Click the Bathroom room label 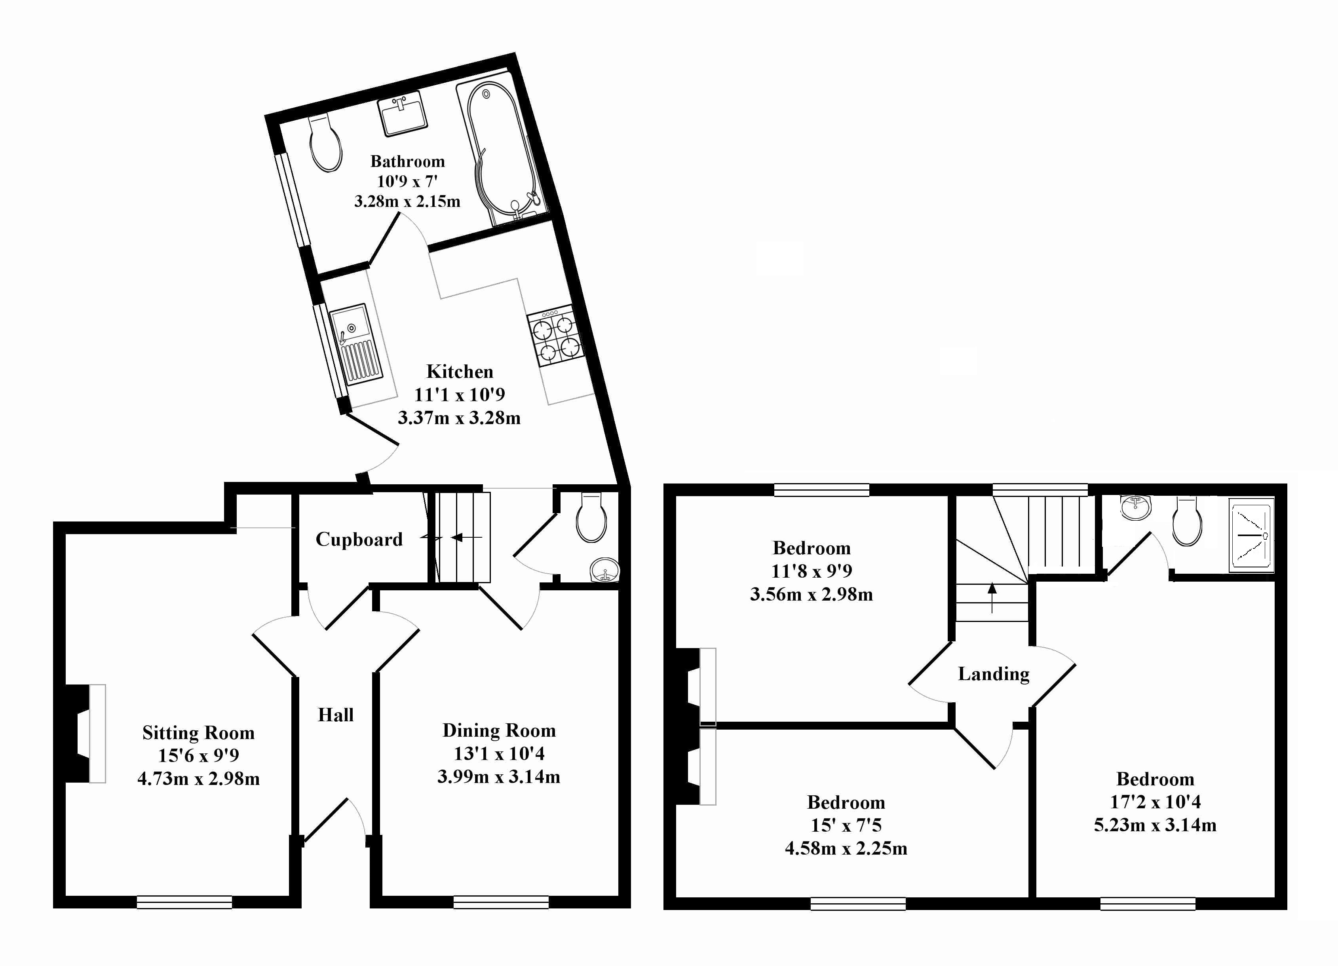click(x=407, y=161)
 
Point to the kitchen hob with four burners click(x=556, y=336)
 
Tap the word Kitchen click(x=460, y=372)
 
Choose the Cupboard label click(x=359, y=540)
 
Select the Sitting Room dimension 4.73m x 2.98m click(x=198, y=779)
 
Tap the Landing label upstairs click(x=994, y=674)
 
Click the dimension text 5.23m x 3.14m click(x=1155, y=825)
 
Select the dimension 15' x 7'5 click(x=846, y=825)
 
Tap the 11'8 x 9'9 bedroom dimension click(x=811, y=571)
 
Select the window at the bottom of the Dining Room click(x=501, y=902)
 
